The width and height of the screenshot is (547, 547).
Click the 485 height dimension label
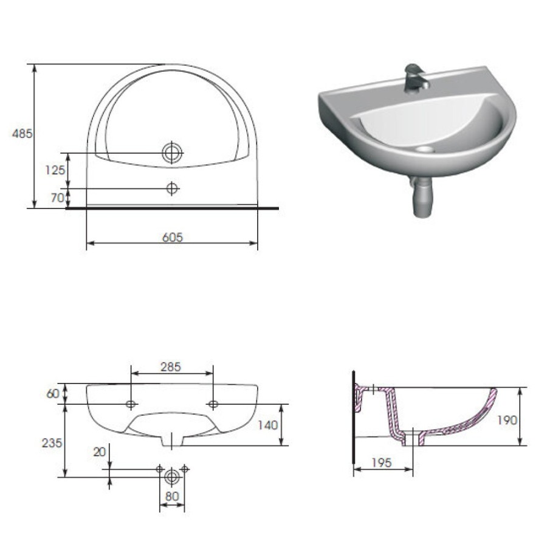(x=22, y=133)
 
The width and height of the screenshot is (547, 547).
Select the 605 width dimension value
(x=173, y=237)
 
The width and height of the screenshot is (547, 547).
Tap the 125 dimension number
(x=55, y=170)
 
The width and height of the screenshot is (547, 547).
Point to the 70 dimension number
(x=58, y=198)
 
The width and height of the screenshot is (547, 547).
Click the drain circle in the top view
(x=172, y=153)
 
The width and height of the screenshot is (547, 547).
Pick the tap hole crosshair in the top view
(x=172, y=188)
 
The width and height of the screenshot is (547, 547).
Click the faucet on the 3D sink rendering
(x=415, y=78)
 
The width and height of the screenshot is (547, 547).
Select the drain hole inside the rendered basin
(x=425, y=150)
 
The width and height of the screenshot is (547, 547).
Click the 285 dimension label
(x=171, y=366)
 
